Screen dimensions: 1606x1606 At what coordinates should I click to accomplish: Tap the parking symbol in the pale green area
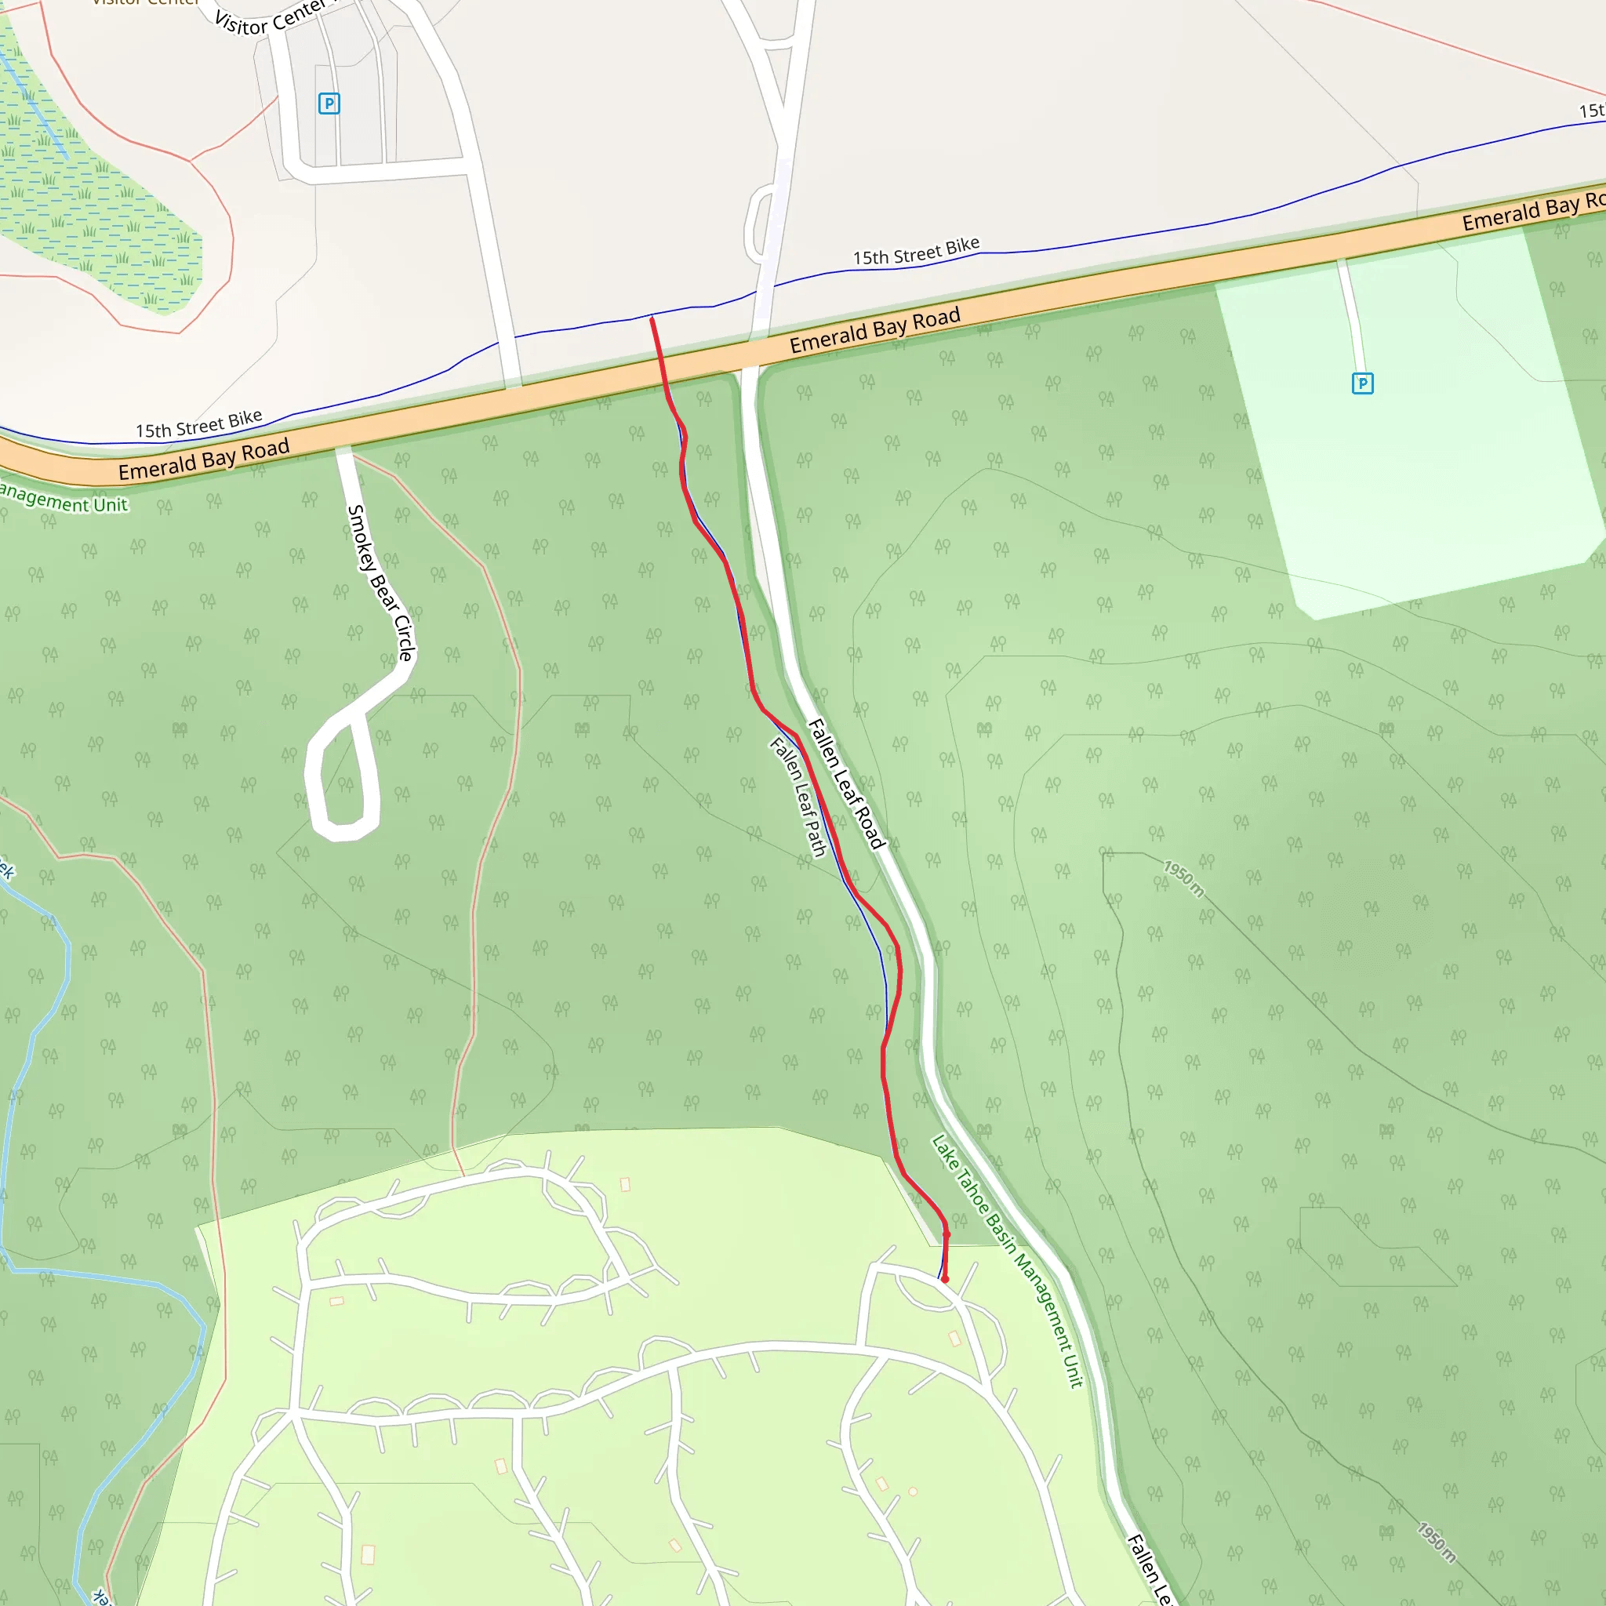pyautogui.click(x=1362, y=383)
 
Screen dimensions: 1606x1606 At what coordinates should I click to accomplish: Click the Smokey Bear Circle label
pyautogui.click(x=380, y=582)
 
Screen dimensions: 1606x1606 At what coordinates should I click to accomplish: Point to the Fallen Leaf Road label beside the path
pyautogui.click(x=846, y=783)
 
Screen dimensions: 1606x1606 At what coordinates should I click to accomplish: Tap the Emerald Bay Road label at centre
pyautogui.click(x=874, y=330)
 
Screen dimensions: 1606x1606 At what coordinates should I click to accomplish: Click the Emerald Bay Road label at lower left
pyautogui.click(x=204, y=460)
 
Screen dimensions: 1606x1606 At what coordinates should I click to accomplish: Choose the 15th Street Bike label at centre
pyautogui.click(x=916, y=251)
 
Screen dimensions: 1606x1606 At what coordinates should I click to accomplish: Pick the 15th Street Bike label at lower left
pyautogui.click(x=198, y=424)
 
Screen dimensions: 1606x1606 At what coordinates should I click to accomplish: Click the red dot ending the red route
pyautogui.click(x=944, y=1278)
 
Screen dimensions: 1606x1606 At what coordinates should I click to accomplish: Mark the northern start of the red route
pyautogui.click(x=652, y=318)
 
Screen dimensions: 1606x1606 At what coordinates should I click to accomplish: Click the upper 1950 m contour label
pyautogui.click(x=1183, y=878)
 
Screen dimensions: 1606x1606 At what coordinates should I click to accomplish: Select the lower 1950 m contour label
pyautogui.click(x=1437, y=1542)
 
